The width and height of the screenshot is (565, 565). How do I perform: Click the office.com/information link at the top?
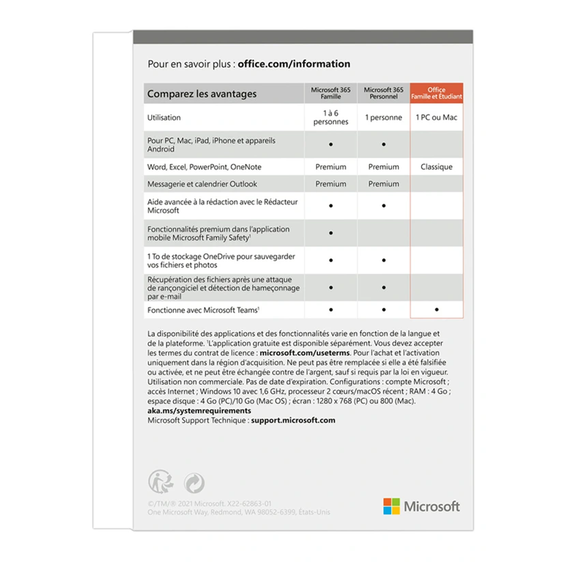tap(294, 64)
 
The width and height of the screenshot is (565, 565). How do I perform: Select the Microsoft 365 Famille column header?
tap(331, 93)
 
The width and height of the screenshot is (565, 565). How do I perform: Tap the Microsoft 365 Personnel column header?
tap(384, 93)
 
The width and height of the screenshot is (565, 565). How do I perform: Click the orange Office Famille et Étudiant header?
tap(437, 93)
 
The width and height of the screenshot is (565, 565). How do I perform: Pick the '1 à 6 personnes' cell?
tap(331, 118)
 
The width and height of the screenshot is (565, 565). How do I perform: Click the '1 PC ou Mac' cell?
tap(437, 118)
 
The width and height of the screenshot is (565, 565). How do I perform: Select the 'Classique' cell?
tap(437, 167)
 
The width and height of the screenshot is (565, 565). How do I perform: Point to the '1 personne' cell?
tap(384, 118)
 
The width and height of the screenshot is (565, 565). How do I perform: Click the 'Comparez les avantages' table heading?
tap(202, 94)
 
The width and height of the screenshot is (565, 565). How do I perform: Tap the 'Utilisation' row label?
tap(164, 118)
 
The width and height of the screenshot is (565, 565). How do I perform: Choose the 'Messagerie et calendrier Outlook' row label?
tap(202, 184)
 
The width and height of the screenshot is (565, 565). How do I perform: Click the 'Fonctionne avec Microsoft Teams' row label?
tap(203, 310)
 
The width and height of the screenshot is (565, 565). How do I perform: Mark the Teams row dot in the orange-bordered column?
tap(437, 310)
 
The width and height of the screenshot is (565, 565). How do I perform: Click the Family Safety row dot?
tap(331, 233)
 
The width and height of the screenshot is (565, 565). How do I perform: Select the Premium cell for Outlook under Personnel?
tap(384, 184)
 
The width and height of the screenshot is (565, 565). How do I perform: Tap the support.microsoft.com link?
tap(293, 420)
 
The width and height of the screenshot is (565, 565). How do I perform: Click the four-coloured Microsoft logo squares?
tap(392, 506)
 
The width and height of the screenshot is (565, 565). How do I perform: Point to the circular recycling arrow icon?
tap(194, 483)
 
